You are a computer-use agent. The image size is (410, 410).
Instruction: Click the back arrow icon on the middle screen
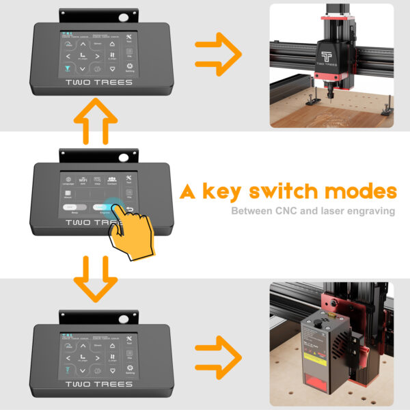click(129, 210)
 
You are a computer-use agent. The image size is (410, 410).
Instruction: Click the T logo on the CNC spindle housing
click(329, 53)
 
